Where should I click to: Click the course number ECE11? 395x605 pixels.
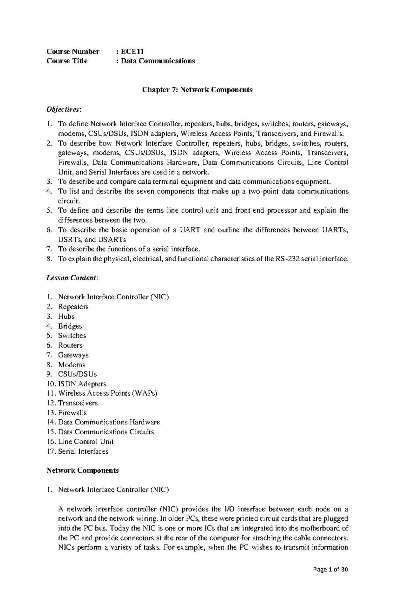132,51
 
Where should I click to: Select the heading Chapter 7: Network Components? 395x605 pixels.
197,90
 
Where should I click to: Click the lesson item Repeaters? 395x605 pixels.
73,307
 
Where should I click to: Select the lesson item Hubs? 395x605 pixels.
66,316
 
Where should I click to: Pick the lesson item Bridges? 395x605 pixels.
70,326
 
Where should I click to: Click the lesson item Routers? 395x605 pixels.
70,345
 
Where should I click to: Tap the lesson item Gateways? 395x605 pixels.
73,355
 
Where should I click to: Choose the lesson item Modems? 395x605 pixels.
71,365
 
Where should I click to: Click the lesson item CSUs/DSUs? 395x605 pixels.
77,374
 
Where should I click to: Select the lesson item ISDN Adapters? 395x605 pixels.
82,384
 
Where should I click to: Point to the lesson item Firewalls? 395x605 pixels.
72,413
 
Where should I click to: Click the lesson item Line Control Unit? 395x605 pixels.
86,441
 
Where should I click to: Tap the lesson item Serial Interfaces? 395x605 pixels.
83,451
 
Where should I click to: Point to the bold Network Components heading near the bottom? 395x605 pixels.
83,470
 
